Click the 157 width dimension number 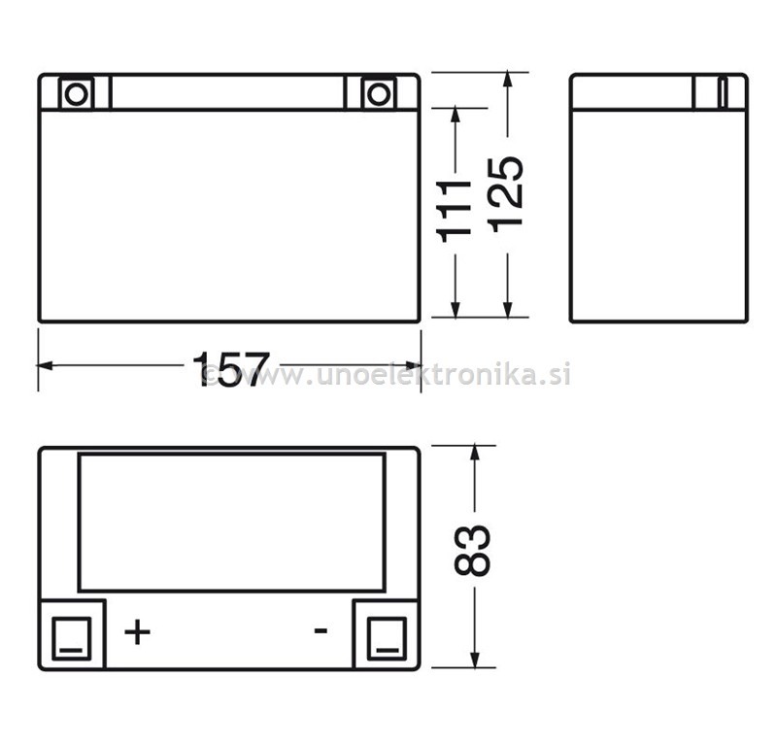pyautogui.click(x=231, y=371)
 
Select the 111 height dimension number pyautogui.click(x=455, y=208)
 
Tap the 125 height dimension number pyautogui.click(x=507, y=192)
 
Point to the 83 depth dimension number pyautogui.click(x=473, y=553)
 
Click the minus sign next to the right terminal pyautogui.click(x=321, y=631)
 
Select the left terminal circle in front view pyautogui.click(x=76, y=94)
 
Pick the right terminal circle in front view pyautogui.click(x=379, y=94)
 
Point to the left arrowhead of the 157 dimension pyautogui.click(x=45, y=366)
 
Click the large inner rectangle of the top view pyautogui.click(x=231, y=523)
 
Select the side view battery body pyautogui.click(x=659, y=214)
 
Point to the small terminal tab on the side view pyautogui.click(x=722, y=92)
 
